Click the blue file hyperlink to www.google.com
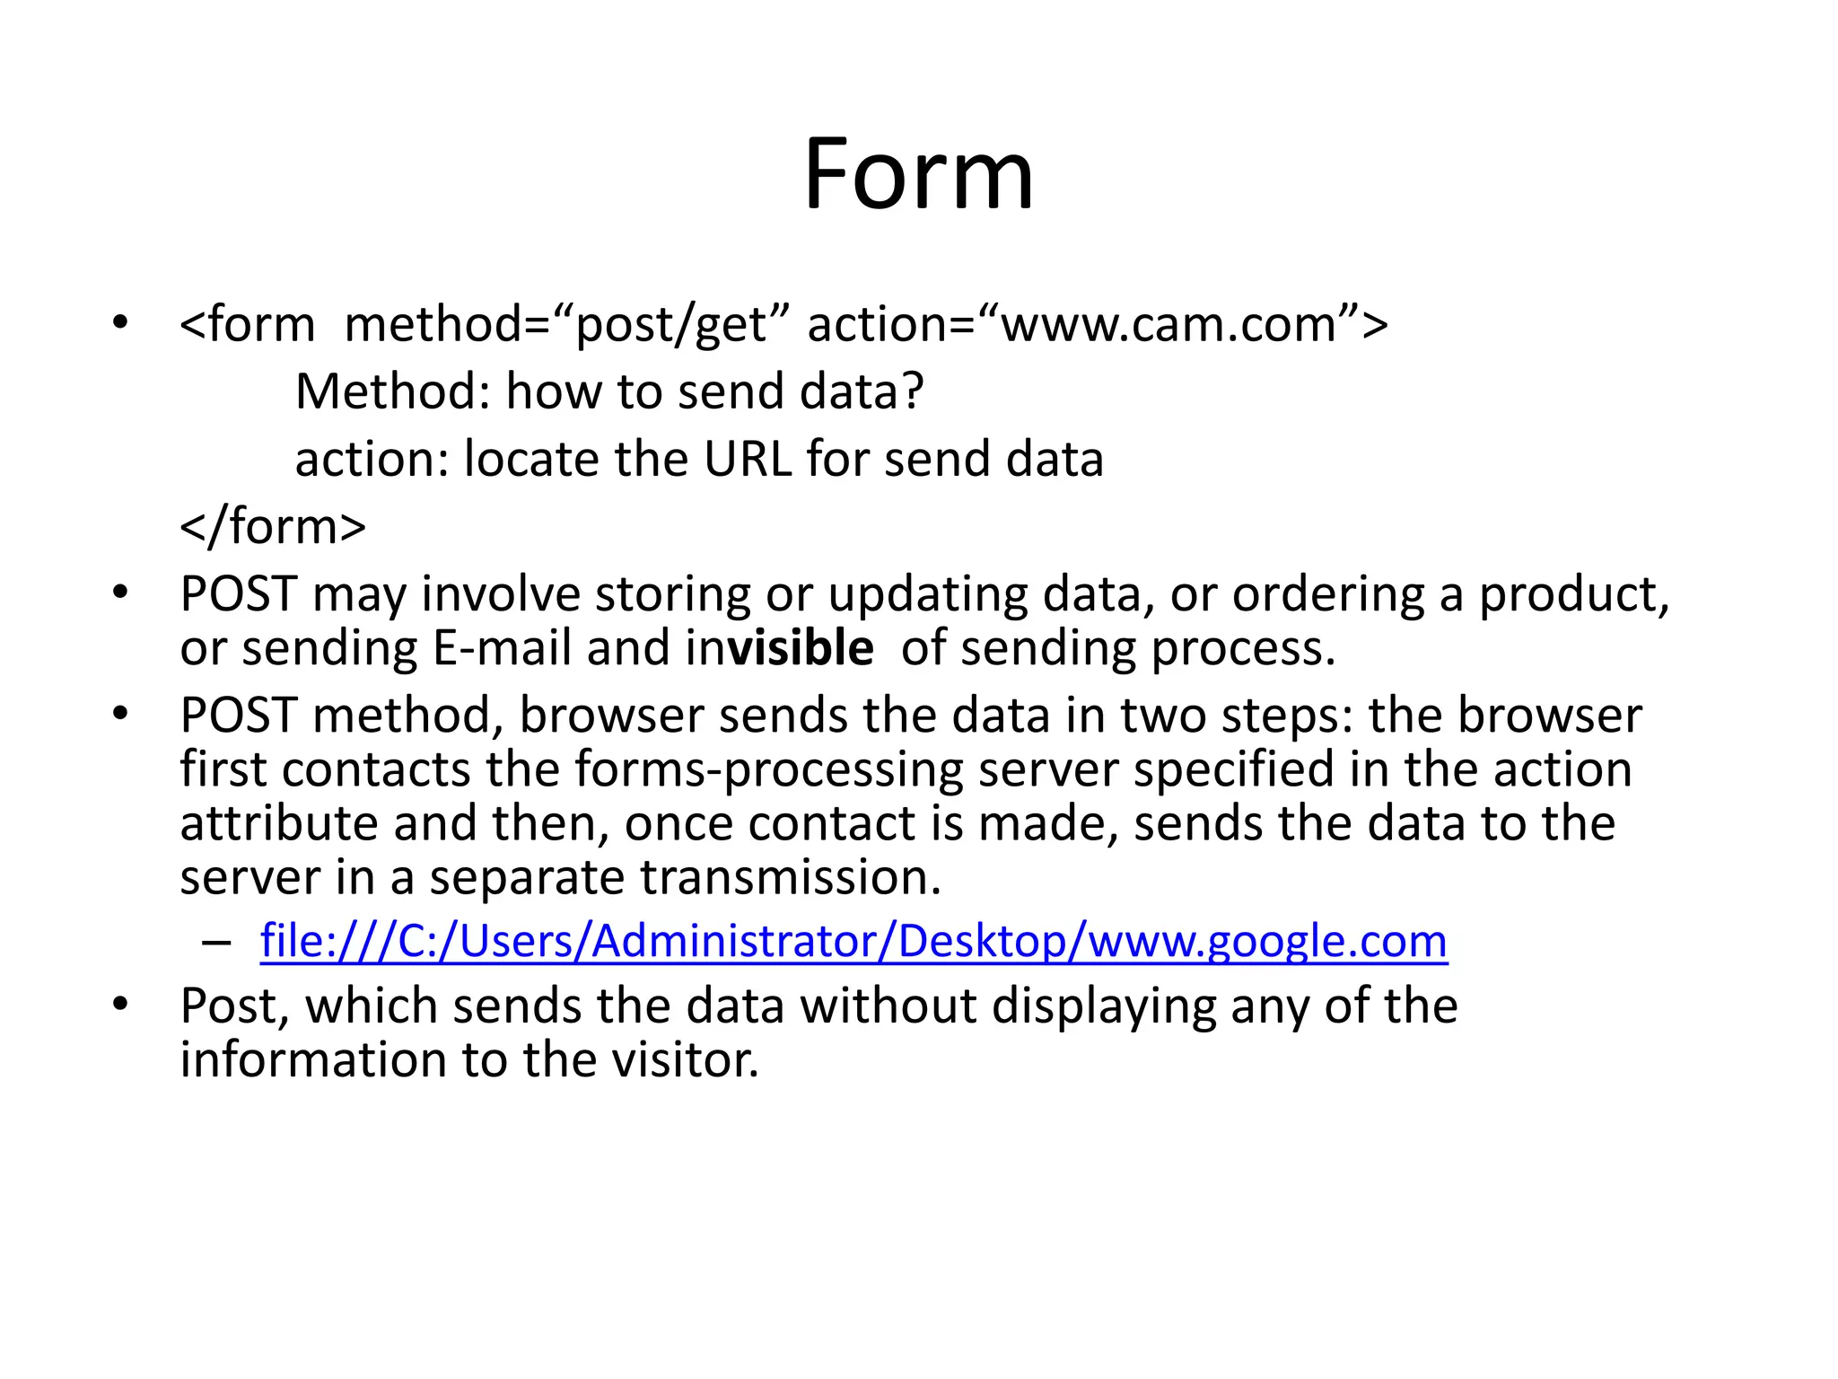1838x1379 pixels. tap(853, 942)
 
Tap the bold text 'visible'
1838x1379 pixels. tap(801, 648)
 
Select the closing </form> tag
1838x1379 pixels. tap(273, 527)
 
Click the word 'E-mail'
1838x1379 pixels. tap(502, 648)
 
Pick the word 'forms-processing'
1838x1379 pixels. tap(768, 770)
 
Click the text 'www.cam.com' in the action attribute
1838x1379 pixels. tap(1169, 325)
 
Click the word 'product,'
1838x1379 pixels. tap(1573, 595)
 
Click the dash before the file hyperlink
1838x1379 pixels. tap(216, 943)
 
